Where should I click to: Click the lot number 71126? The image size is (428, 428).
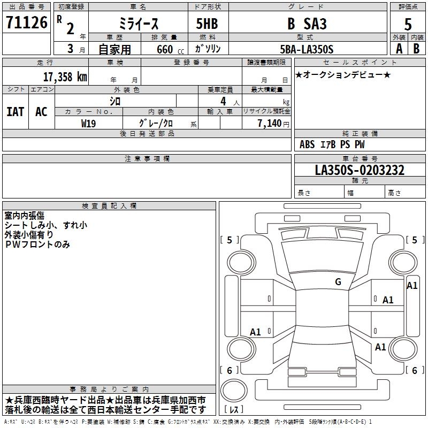pyautogui.click(x=26, y=23)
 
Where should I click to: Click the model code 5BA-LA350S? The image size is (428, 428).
pyautogui.click(x=306, y=49)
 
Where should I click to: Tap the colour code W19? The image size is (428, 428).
pyautogui.click(x=88, y=123)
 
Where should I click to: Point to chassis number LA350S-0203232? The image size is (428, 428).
pyautogui.click(x=360, y=170)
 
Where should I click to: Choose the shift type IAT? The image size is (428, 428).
pyautogui.click(x=15, y=112)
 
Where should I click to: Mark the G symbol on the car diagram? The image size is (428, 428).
pyautogui.click(x=338, y=281)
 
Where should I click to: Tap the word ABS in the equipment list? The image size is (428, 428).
pyautogui.click(x=307, y=144)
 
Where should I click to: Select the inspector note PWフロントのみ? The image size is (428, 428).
pyautogui.click(x=37, y=244)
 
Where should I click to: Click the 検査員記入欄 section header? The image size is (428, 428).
pyautogui.click(x=109, y=205)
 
